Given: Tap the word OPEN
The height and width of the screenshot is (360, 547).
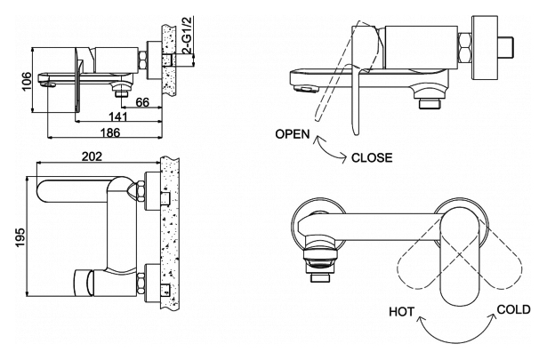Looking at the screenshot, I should (x=293, y=135).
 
